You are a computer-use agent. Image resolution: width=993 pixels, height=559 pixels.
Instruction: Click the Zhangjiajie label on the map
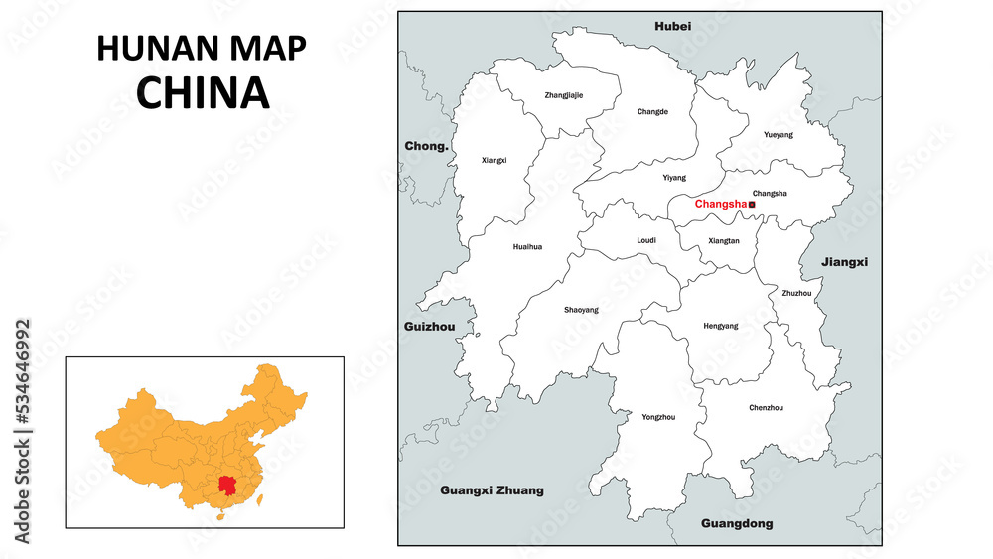pos(564,95)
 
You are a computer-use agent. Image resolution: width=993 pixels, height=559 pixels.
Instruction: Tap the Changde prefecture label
pos(652,112)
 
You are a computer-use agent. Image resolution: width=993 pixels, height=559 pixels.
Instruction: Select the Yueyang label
pos(779,134)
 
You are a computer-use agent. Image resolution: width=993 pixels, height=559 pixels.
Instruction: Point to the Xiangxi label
pos(494,160)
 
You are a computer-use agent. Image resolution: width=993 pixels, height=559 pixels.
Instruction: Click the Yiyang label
pos(674,178)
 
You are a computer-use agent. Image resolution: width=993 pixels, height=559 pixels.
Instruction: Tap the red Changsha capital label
pos(720,205)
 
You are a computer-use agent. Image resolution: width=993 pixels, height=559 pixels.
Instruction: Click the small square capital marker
pos(752,205)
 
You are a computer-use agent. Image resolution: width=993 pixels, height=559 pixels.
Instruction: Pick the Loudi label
pos(646,240)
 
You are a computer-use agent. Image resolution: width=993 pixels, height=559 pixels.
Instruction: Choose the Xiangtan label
pos(724,241)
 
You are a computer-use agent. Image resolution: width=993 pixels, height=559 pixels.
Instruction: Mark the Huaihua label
pos(527,247)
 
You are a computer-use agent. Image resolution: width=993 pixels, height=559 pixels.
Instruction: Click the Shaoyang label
pos(581,310)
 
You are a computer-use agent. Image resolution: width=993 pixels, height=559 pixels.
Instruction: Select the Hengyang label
pos(720,326)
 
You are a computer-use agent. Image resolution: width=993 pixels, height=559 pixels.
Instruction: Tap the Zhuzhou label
pos(796,294)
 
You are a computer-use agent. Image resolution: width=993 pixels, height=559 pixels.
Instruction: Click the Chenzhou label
pos(766,408)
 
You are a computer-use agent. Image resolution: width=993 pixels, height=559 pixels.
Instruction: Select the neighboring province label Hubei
pos(672,26)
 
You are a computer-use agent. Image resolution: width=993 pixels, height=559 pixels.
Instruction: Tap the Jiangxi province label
pos(844,262)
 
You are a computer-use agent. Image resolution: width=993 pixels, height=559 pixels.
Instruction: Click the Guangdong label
pos(736,523)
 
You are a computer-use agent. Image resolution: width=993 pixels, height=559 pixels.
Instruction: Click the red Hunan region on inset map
pos(230,487)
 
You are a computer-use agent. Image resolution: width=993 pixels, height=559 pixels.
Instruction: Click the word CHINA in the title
pos(203,91)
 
